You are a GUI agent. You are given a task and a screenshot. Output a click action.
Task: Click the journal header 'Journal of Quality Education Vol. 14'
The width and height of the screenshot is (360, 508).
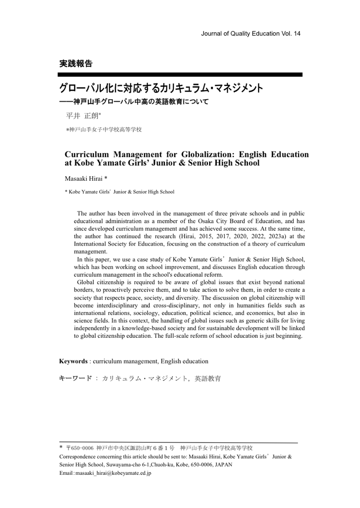point(251,33)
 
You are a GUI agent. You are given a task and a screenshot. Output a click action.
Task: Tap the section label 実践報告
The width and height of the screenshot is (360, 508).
point(75,63)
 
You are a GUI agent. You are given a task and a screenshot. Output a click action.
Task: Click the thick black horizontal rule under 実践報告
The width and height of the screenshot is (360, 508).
point(180,74)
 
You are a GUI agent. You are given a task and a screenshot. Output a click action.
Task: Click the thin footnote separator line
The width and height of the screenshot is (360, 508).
point(178,442)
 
